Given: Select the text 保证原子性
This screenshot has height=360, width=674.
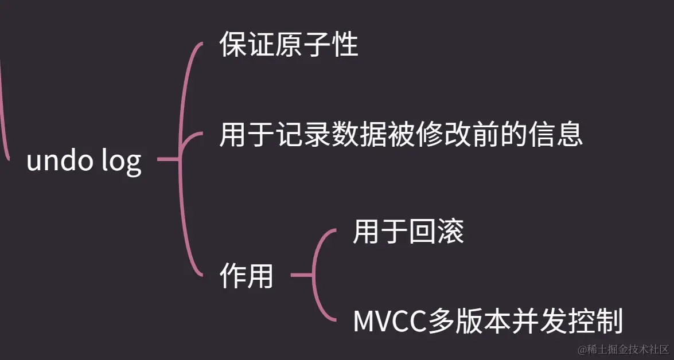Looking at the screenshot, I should pos(289,45).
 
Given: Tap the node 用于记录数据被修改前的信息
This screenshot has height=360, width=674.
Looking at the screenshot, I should pos(401,136).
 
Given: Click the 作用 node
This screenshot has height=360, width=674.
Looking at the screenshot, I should pos(246,277).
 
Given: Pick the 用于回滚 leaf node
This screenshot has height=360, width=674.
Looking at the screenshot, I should pos(408,232).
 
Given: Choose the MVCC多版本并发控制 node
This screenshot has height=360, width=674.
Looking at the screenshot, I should pos(488,322).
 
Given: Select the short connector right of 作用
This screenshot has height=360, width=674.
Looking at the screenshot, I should pos(301,276).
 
